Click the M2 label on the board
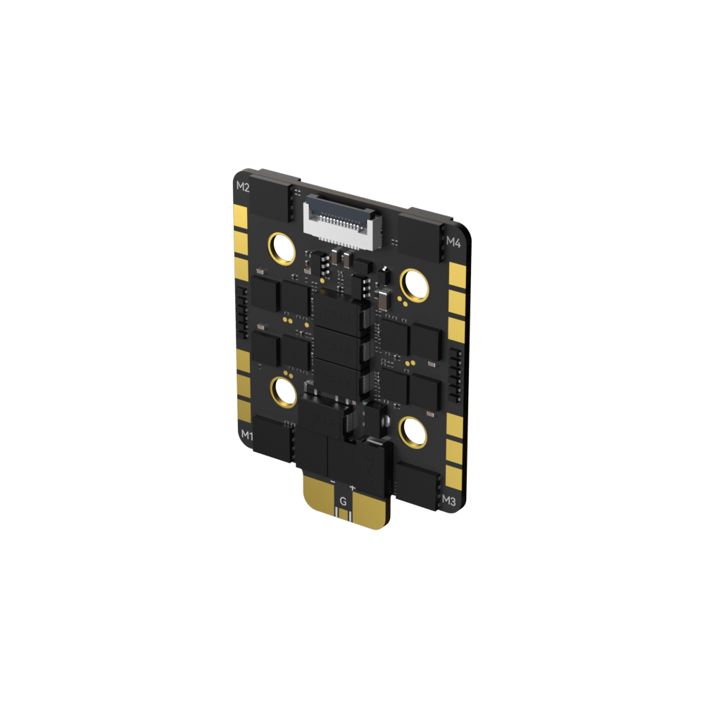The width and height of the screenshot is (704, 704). pyautogui.click(x=243, y=187)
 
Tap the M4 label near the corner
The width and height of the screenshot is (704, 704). pyautogui.click(x=453, y=243)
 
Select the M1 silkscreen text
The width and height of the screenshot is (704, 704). pyautogui.click(x=247, y=435)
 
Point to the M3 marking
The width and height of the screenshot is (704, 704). pyautogui.click(x=449, y=501)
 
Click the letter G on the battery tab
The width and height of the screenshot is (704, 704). pyautogui.click(x=343, y=501)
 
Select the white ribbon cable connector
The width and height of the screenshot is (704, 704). pyautogui.click(x=337, y=220)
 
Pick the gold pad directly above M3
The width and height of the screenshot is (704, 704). pyautogui.click(x=454, y=472)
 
